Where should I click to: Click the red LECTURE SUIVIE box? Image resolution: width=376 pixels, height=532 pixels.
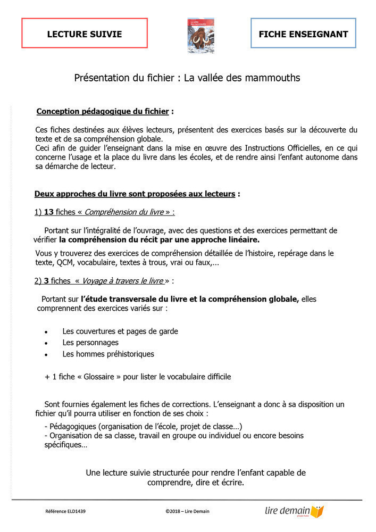(85, 34)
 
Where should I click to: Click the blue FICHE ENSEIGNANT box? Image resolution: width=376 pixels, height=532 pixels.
(303, 34)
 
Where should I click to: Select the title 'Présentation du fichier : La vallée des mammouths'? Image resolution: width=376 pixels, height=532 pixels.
(187, 78)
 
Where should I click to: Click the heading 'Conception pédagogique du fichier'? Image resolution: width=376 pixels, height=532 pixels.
(103, 111)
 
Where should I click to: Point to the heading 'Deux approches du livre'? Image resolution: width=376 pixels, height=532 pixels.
(135, 194)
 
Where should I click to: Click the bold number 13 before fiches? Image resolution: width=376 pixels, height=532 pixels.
(48, 212)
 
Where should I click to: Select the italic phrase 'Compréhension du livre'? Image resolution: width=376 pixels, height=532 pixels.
(124, 212)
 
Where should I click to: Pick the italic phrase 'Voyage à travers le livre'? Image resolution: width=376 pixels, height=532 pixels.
(122, 280)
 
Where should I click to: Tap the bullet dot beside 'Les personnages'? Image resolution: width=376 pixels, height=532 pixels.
(47, 343)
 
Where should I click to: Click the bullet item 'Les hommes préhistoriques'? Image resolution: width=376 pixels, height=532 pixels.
(108, 354)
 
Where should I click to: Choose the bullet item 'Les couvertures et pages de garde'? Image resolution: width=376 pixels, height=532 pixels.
(120, 331)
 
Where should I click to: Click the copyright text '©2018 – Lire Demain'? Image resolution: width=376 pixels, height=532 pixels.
(188, 511)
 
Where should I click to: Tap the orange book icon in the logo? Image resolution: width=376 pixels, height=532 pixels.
(317, 512)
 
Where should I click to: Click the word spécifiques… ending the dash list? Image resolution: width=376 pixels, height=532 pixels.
(66, 445)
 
